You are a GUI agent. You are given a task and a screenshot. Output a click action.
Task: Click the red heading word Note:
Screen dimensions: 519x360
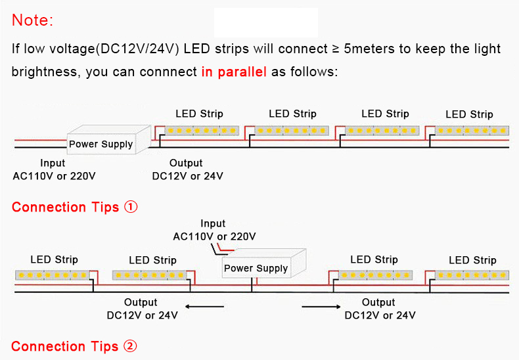[x=32, y=20]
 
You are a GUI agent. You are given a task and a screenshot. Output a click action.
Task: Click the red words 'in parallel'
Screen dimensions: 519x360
[x=234, y=72]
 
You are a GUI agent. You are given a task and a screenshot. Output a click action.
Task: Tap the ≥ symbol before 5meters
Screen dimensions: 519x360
[x=336, y=49]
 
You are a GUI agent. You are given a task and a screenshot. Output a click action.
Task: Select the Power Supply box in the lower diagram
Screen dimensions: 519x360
[x=264, y=263]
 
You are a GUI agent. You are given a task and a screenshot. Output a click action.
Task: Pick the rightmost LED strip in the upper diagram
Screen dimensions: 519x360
[x=472, y=130]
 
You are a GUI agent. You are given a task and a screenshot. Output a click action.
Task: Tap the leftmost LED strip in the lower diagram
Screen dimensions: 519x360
[x=53, y=275]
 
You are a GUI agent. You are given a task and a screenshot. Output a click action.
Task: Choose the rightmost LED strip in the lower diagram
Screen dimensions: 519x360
[x=472, y=275]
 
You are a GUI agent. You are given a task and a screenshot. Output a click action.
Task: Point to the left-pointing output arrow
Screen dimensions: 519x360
[x=204, y=307]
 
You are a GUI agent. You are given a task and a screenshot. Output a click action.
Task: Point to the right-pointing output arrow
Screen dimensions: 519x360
[x=321, y=307]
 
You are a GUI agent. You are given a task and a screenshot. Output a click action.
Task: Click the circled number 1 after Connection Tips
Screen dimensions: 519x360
[x=131, y=207]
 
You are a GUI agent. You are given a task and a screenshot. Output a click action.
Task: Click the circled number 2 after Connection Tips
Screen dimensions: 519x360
[x=130, y=346]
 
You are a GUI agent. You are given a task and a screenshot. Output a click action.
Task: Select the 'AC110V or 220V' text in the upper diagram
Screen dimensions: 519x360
[x=54, y=176]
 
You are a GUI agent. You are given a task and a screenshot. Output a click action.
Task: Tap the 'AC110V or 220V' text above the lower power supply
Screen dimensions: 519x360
[x=214, y=236]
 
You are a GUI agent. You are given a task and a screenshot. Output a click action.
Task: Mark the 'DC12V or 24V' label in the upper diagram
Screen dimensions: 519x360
[x=187, y=176]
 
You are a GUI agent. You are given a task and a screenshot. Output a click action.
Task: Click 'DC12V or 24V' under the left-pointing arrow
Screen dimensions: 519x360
[x=142, y=315]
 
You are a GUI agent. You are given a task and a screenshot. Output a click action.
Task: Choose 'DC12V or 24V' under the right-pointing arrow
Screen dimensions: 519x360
[x=380, y=315]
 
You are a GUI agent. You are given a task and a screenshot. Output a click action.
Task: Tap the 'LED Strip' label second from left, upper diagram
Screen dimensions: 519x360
[x=292, y=114]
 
